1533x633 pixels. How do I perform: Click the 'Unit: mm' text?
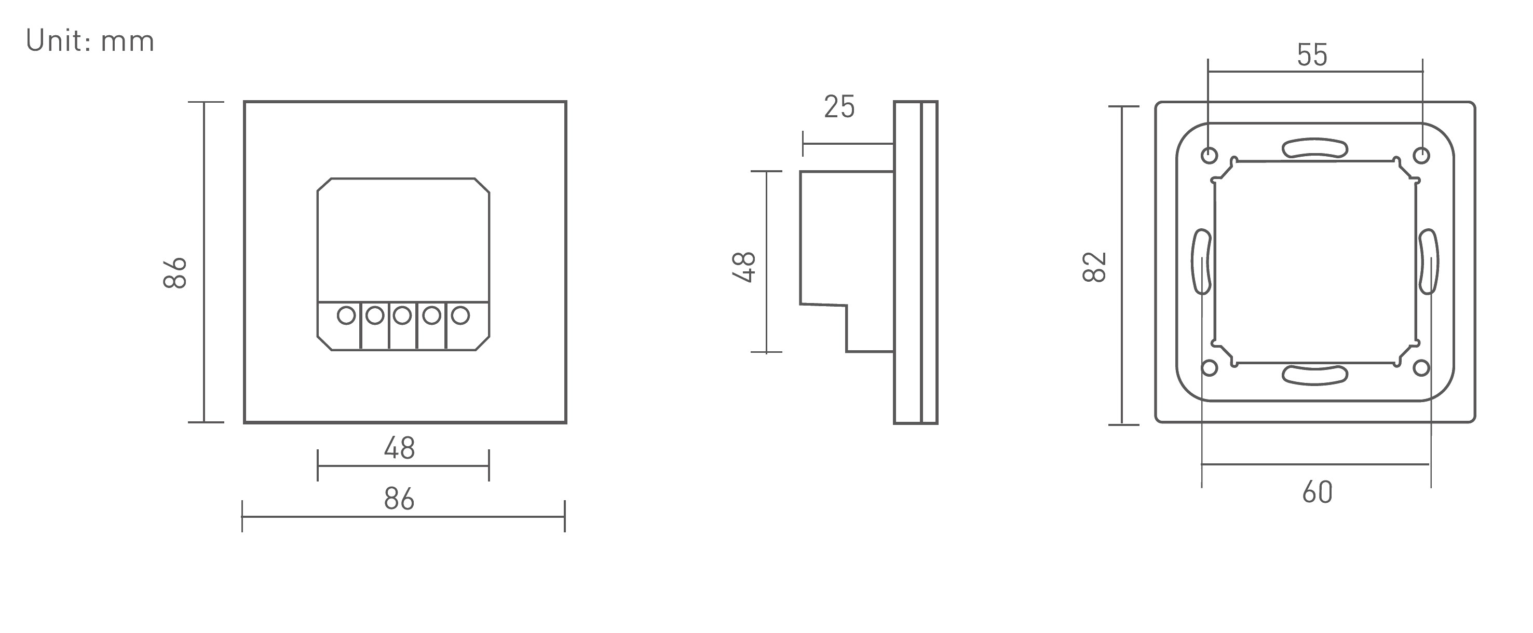point(90,42)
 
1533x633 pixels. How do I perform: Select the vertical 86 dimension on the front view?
point(175,273)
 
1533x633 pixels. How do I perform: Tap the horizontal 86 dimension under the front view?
point(399,499)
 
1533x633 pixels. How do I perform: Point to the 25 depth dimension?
point(839,107)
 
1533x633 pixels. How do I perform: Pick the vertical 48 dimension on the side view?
point(744,267)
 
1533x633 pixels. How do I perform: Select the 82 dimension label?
point(1094,267)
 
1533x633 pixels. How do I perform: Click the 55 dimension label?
point(1312,56)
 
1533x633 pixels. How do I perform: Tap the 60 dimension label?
point(1317,492)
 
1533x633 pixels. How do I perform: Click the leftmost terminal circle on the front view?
point(346,315)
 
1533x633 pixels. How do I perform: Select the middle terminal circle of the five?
point(402,315)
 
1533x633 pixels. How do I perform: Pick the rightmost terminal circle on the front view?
point(460,315)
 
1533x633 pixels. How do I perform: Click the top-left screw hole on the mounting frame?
point(1209,156)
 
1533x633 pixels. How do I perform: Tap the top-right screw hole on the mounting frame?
point(1421,156)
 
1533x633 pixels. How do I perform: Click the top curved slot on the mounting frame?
point(1314,148)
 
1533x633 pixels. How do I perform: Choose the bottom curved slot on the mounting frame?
point(1314,375)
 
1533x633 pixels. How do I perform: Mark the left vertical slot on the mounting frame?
point(1201,262)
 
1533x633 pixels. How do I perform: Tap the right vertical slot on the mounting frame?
point(1428,262)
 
